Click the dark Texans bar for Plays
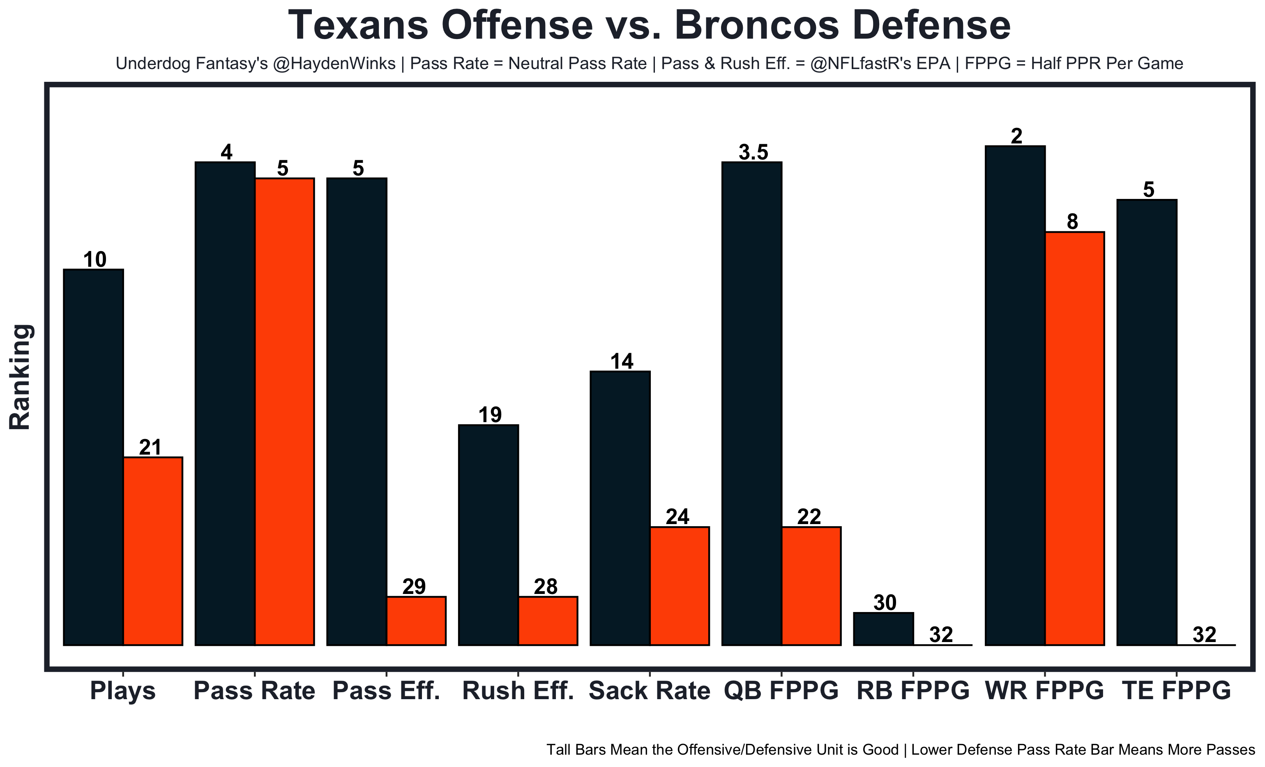click(93, 457)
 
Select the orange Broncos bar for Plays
click(153, 551)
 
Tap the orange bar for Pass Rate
click(284, 411)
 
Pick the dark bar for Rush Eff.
click(488, 534)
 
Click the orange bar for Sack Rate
click(679, 586)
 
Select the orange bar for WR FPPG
click(1074, 438)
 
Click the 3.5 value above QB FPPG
click(753, 152)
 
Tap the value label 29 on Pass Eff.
click(414, 586)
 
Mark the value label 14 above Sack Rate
click(622, 361)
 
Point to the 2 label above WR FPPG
click(1016, 136)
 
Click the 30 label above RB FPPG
click(885, 602)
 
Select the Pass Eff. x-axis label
click(386, 691)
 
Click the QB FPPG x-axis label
click(781, 691)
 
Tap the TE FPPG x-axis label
click(1176, 691)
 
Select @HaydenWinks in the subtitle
click(334, 64)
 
